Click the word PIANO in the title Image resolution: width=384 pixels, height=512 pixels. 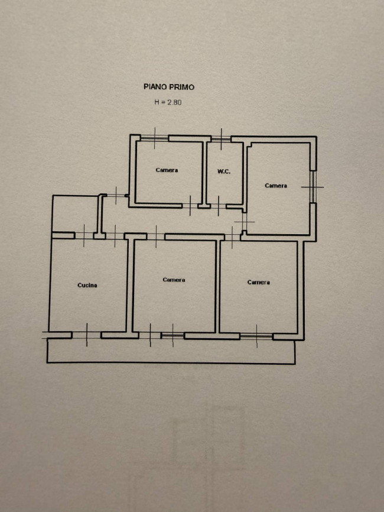coord(154,87)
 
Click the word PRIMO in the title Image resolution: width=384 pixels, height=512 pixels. coord(181,87)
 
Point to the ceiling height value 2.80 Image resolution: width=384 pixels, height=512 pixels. coord(174,102)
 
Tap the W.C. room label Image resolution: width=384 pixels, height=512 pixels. coord(224,171)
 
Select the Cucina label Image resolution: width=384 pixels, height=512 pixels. coord(87,285)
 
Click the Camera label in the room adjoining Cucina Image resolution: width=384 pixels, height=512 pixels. coord(174,280)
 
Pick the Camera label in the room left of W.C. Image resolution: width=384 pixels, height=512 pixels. coord(167,170)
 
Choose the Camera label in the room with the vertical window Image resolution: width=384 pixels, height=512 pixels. coord(276,186)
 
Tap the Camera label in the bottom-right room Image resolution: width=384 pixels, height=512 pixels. coord(258,282)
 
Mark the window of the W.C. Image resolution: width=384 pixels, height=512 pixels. coord(221,139)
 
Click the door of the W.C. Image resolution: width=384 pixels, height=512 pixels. coord(219,206)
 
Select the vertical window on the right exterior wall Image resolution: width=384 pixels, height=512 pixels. coord(313,187)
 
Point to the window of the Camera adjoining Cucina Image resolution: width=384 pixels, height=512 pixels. coord(173,336)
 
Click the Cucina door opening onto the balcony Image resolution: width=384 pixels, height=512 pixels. coord(86,335)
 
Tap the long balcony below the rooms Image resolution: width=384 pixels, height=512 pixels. coord(171,351)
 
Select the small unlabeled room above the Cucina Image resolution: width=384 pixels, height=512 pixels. coord(75,214)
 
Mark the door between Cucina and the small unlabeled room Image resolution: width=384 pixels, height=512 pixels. coord(84,235)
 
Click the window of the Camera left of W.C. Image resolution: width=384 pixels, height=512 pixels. coord(155,138)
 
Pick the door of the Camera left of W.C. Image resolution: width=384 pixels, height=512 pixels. coord(190,206)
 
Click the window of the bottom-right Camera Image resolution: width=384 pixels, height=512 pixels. coord(256,336)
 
